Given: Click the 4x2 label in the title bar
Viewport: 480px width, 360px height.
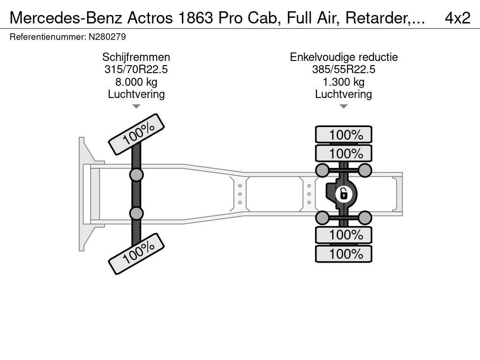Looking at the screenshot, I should [457, 17].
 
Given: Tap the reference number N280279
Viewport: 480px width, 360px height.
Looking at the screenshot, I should [107, 37].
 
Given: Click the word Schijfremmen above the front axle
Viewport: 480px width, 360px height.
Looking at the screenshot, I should [136, 57].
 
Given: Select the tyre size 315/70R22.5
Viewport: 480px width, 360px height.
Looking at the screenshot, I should [136, 69].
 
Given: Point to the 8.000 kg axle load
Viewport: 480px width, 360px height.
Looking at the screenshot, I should [136, 82].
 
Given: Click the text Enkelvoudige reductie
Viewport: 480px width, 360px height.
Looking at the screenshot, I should [344, 57].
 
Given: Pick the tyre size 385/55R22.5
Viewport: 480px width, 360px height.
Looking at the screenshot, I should [344, 69].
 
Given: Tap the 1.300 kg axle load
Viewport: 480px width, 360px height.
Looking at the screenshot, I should [344, 82].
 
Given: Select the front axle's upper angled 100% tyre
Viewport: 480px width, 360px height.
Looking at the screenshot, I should [136, 134].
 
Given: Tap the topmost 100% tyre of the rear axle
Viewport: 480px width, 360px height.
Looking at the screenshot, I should [344, 135].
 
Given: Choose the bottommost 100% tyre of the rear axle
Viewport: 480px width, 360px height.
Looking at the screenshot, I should [344, 254].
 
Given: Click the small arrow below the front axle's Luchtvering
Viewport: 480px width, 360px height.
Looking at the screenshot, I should [136, 106].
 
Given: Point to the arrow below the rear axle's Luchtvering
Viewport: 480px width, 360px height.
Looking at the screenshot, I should [344, 106].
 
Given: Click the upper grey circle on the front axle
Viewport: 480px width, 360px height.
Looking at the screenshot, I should [136, 175].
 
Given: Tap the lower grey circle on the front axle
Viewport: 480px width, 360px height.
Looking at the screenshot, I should [136, 213].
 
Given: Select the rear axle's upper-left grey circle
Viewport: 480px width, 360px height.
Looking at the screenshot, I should [322, 170].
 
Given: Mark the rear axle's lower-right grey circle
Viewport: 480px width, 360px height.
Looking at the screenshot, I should [365, 217].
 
